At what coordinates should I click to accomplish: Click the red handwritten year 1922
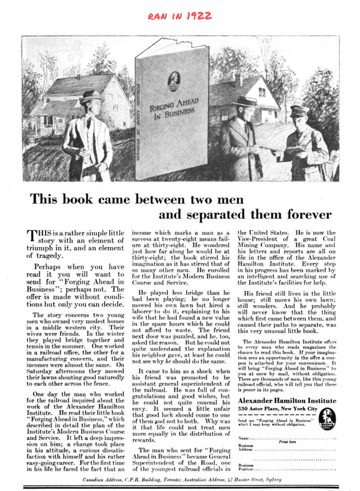[x=199, y=16]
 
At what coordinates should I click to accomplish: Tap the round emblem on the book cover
[x=174, y=80]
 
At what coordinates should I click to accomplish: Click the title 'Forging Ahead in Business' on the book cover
[x=174, y=108]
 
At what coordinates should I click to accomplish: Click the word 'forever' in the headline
[x=309, y=214]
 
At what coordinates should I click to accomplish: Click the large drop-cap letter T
[x=32, y=236]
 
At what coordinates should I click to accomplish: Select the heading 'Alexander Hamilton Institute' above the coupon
[x=287, y=400]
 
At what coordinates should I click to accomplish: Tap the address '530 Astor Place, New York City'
[x=277, y=409]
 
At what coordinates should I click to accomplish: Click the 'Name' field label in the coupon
[x=243, y=438]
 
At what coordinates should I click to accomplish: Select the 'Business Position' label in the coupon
[x=246, y=467]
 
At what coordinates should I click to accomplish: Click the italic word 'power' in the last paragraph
[x=249, y=390]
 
